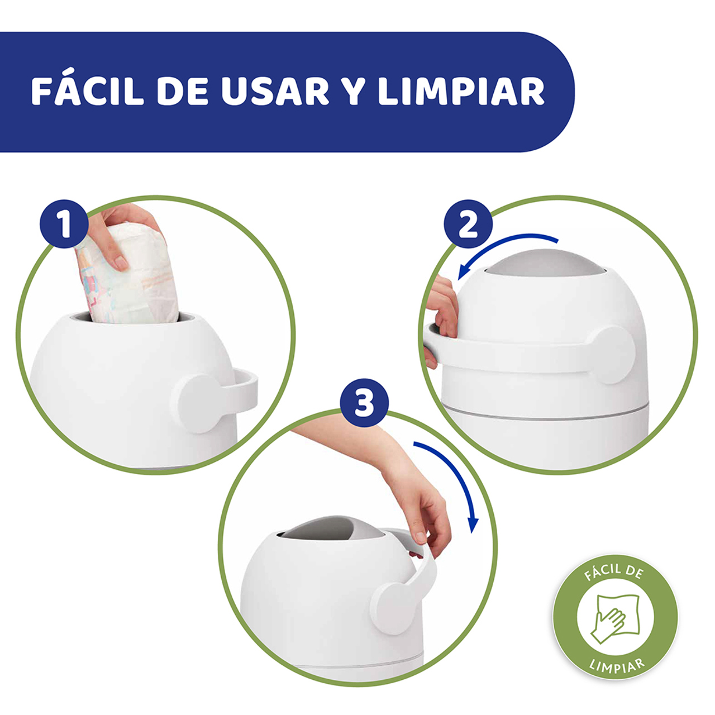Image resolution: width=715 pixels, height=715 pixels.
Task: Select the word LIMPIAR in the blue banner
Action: click(x=461, y=92)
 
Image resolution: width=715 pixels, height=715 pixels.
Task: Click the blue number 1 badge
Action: click(x=64, y=224)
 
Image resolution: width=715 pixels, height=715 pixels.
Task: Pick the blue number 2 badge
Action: click(x=469, y=224)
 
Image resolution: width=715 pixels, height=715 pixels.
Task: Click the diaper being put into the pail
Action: click(x=128, y=275)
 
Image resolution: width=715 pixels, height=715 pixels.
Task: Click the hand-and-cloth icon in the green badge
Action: click(x=615, y=617)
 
